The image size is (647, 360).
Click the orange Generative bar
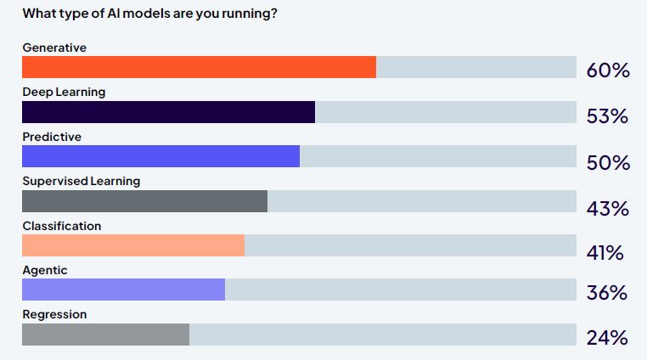coord(199,67)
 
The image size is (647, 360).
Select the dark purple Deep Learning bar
coord(168,112)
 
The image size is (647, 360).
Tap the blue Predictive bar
coord(160,156)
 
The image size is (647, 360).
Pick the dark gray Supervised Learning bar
coord(144,201)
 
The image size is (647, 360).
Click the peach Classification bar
coord(133,245)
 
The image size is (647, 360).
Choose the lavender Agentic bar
coord(123,290)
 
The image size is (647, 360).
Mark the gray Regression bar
coord(105,335)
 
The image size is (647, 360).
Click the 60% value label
coord(608,70)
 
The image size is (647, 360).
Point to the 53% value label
coord(607,116)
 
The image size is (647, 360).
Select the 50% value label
coord(608,163)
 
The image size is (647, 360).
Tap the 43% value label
coord(607,208)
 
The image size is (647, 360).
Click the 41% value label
coord(605,252)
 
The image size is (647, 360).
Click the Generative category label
coord(54,48)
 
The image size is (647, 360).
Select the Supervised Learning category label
coord(82,181)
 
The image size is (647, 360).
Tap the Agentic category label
coord(45,270)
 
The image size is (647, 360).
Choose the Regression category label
coord(54,314)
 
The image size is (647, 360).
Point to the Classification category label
coord(62,226)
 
